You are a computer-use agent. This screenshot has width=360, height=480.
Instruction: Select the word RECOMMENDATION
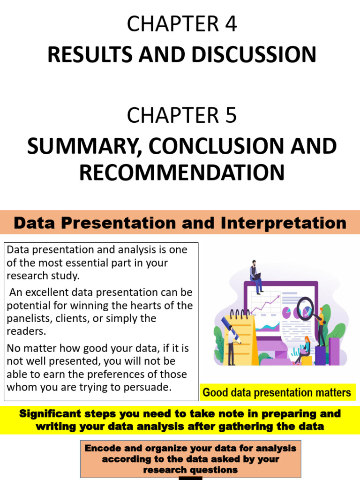click(182, 172)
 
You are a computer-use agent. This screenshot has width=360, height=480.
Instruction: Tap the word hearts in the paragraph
click(147, 306)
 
